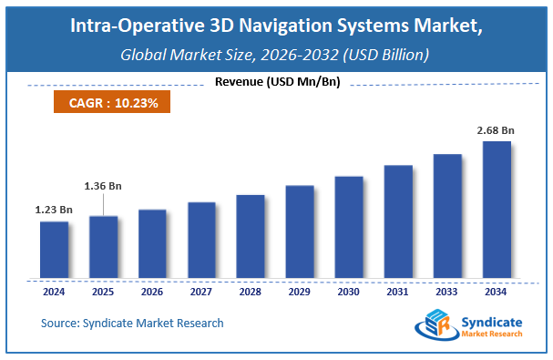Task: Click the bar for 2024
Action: (54, 249)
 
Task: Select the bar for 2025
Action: (103, 246)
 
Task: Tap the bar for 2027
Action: (201, 239)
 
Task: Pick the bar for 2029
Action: (300, 231)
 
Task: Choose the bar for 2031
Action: (398, 221)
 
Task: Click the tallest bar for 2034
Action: (497, 209)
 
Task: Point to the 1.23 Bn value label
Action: (54, 211)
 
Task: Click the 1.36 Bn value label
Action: (104, 186)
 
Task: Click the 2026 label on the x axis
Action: (152, 293)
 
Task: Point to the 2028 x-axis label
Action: (251, 293)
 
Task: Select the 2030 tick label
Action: (349, 293)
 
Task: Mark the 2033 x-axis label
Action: (447, 293)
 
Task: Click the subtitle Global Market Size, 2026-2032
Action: (276, 57)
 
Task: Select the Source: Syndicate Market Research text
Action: (132, 323)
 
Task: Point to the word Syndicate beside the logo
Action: (491, 320)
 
